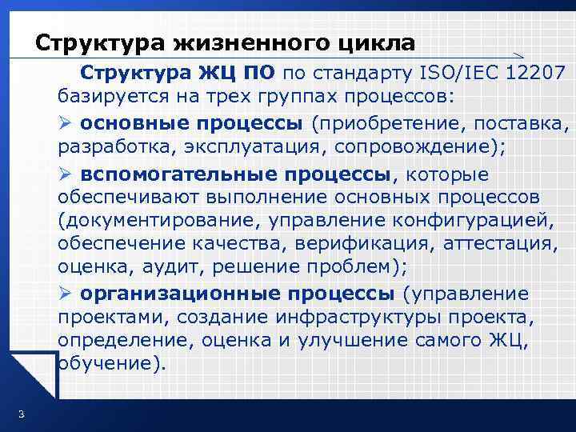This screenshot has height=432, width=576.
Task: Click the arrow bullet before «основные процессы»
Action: pyautogui.click(x=66, y=123)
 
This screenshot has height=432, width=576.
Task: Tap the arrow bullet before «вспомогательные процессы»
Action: pyautogui.click(x=66, y=174)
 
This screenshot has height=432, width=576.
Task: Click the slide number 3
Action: pyautogui.click(x=20, y=414)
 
